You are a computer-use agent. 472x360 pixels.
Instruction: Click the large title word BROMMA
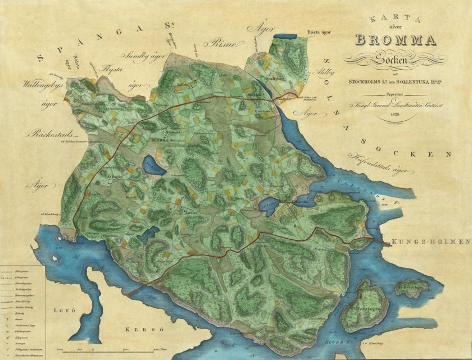pyautogui.click(x=396, y=40)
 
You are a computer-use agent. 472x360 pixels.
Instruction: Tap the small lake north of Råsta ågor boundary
pyautogui.click(x=287, y=38)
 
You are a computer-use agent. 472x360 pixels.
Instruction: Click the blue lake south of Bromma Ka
pyautogui.click(x=152, y=166)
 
